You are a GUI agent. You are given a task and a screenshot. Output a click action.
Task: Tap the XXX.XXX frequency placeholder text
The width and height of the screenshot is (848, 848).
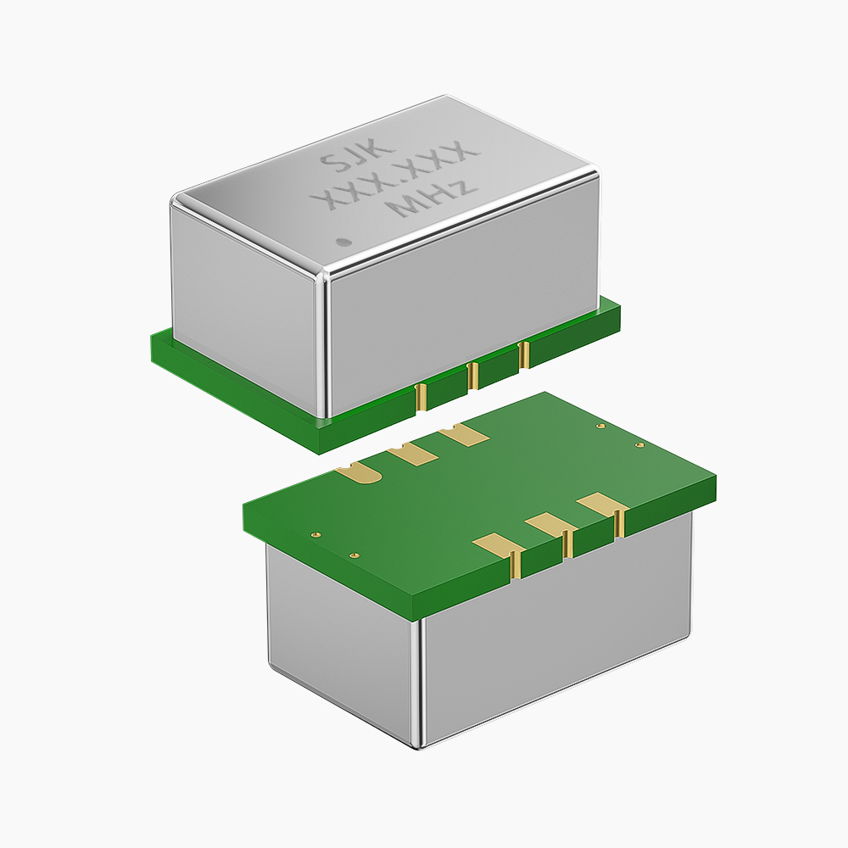(395, 178)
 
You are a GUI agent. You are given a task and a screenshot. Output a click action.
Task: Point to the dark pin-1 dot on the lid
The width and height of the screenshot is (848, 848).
(343, 242)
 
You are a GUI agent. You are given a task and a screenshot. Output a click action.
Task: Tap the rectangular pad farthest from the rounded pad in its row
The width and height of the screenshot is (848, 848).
(464, 435)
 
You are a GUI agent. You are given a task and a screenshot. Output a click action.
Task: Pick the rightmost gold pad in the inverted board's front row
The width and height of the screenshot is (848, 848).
(603, 505)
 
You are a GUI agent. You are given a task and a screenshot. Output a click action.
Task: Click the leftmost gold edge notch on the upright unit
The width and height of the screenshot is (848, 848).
(420, 394)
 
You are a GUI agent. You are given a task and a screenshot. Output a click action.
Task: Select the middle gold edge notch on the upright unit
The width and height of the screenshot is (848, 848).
(471, 374)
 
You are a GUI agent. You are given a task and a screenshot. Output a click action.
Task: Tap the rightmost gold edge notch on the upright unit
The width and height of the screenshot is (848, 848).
(523, 354)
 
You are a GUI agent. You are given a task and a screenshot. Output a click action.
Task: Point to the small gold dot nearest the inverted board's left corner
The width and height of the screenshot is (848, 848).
(315, 535)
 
